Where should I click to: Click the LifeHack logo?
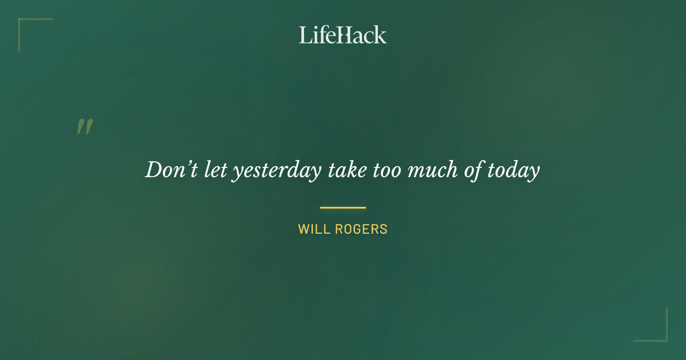pyautogui.click(x=343, y=35)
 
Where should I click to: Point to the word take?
pyautogui.click(x=346, y=170)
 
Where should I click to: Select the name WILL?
pyautogui.click(x=312, y=230)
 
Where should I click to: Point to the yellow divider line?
pyautogui.click(x=343, y=207)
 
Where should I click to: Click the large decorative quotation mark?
pyautogui.click(x=85, y=127)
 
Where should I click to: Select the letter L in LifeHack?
pyautogui.click(x=305, y=35)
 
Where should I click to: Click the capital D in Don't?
pyautogui.click(x=153, y=170)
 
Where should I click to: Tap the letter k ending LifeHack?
pyautogui.click(x=381, y=35)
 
